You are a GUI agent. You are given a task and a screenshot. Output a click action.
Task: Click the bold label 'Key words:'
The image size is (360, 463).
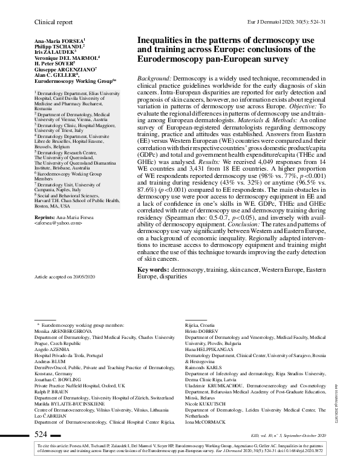153,268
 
